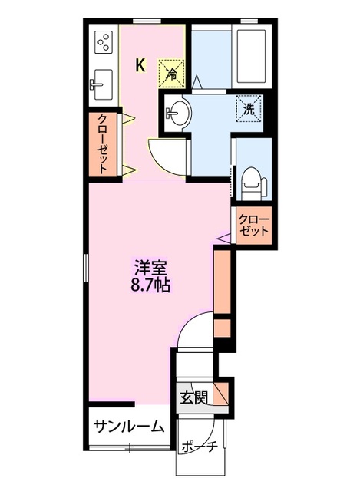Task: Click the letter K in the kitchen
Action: tap(140, 65)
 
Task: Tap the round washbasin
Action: tap(178, 114)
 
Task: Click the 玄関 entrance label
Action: tap(193, 397)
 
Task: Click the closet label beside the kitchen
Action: tap(103, 143)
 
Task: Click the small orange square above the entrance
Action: tap(222, 328)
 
